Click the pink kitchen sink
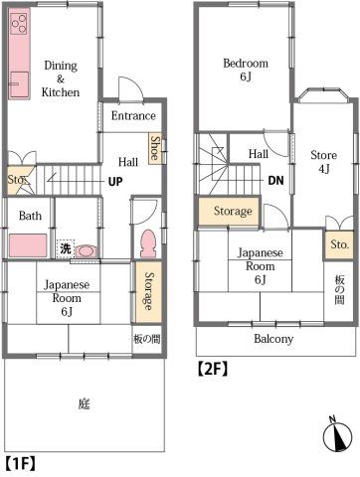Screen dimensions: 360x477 (x=19, y=84)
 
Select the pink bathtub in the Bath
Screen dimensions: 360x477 (x=28, y=245)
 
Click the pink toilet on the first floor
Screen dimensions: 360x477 (x=147, y=243)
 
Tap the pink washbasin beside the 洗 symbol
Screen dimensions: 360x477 (x=87, y=251)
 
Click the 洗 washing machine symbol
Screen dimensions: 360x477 (x=65, y=248)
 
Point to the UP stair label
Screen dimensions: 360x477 (x=115, y=181)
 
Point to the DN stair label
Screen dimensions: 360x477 (x=275, y=180)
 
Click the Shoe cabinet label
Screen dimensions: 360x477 (x=155, y=148)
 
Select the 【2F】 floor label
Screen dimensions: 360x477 (x=213, y=369)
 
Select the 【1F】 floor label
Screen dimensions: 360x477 (x=20, y=463)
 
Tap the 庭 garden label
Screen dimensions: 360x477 (x=84, y=403)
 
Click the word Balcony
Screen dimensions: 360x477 (x=273, y=339)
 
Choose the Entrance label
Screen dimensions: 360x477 (x=133, y=116)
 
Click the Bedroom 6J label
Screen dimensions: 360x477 (x=246, y=70)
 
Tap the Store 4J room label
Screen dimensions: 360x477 (x=323, y=162)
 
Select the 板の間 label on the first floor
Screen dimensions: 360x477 (x=147, y=339)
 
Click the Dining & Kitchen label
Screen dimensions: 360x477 (x=61, y=79)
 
